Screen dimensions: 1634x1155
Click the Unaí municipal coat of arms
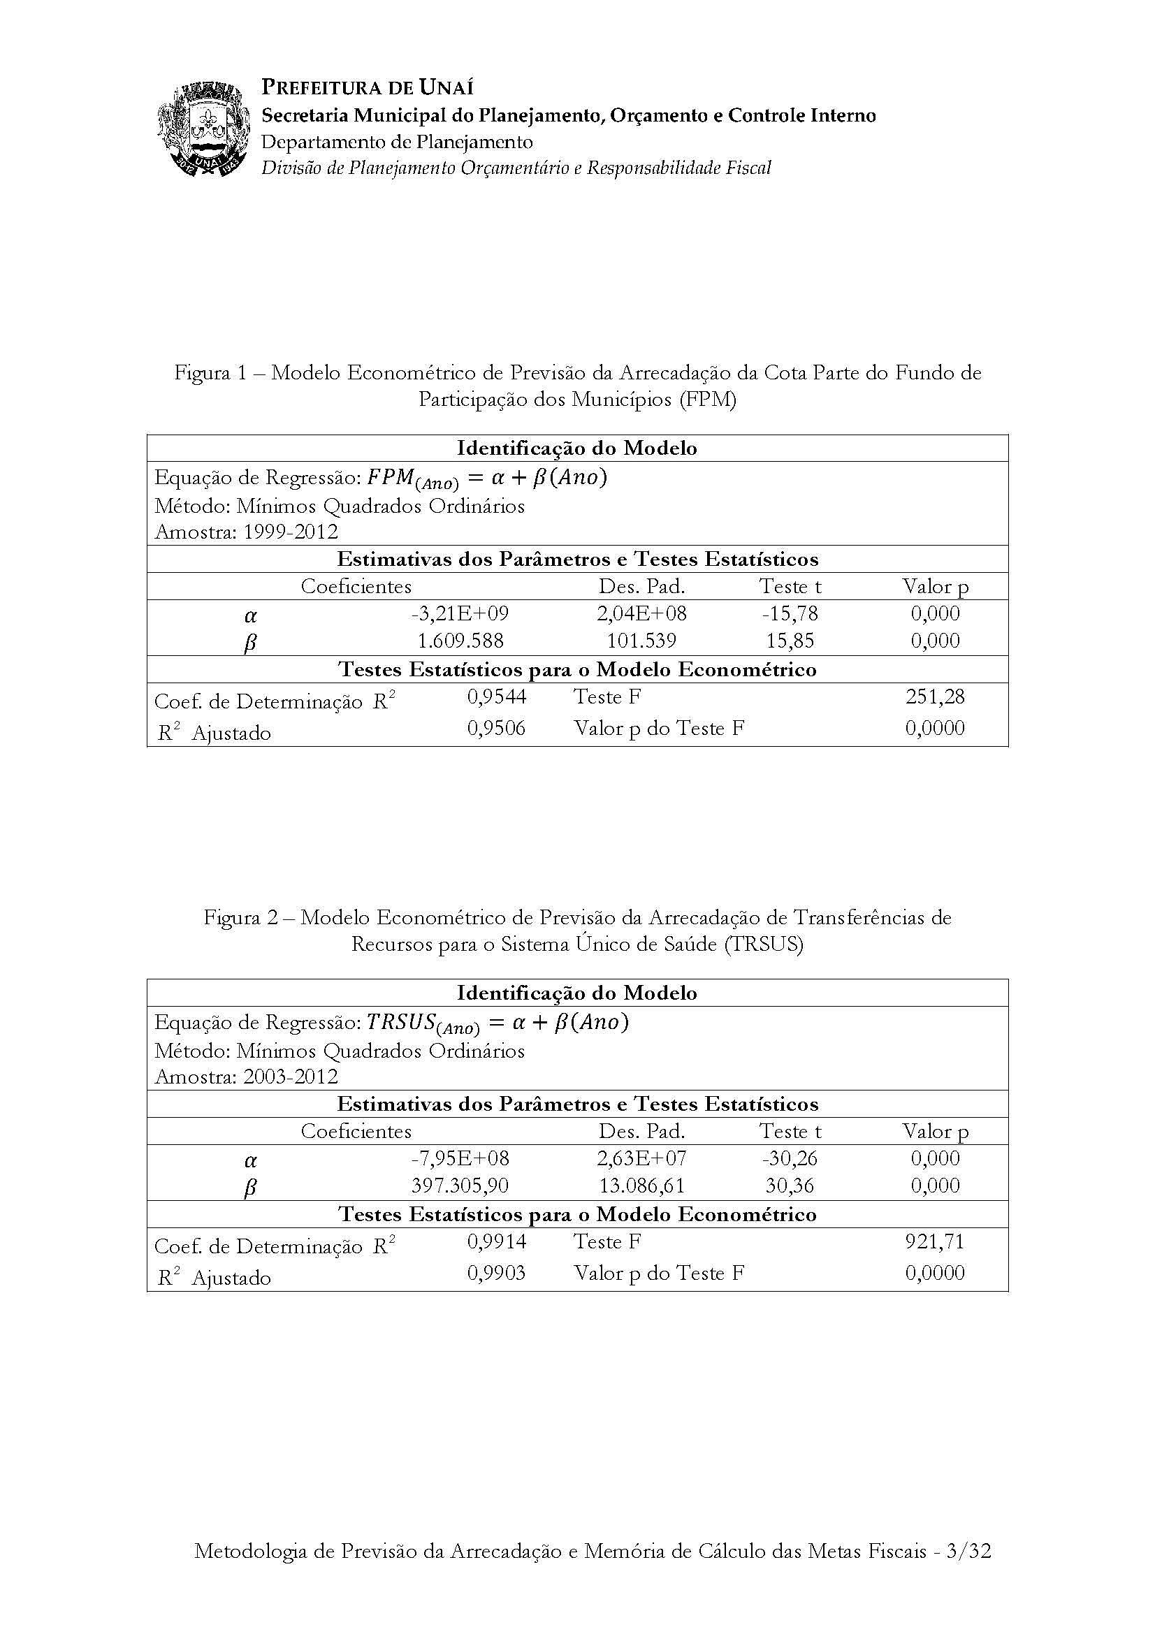pos(204,128)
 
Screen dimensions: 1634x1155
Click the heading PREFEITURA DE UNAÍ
pos(368,87)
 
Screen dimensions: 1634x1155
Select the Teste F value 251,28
pos(934,696)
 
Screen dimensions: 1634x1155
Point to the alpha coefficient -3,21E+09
pos(460,613)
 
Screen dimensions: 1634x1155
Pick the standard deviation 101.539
pos(641,641)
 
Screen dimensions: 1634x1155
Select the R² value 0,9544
pos(497,696)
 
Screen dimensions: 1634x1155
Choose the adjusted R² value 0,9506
pos(497,728)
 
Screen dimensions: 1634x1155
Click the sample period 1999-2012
pos(291,532)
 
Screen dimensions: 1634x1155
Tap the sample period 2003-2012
pos(291,1076)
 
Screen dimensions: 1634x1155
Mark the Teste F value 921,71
pos(934,1241)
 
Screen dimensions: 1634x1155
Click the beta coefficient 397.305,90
pos(460,1185)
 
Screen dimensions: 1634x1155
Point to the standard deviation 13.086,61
pos(641,1185)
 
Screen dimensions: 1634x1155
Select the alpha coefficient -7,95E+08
pos(460,1158)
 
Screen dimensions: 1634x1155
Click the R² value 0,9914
pos(497,1241)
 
